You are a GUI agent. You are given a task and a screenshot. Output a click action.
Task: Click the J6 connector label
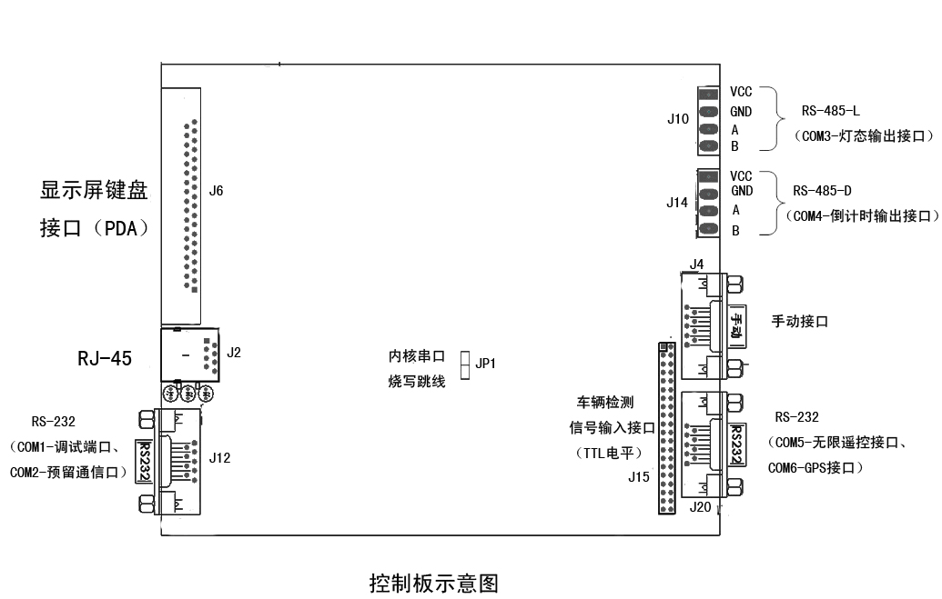pyautogui.click(x=216, y=191)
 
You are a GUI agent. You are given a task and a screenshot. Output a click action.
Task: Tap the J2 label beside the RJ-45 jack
pyautogui.click(x=234, y=353)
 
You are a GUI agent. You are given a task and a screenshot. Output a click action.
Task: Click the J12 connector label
pyautogui.click(x=219, y=458)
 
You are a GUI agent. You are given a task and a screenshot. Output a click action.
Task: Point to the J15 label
pyautogui.click(x=639, y=475)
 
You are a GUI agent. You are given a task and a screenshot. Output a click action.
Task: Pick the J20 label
pyautogui.click(x=700, y=507)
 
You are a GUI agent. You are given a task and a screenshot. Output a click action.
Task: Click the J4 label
pyautogui.click(x=697, y=265)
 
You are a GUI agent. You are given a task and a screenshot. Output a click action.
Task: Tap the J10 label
pyautogui.click(x=678, y=119)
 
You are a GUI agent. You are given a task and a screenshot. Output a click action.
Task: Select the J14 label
pyautogui.click(x=677, y=203)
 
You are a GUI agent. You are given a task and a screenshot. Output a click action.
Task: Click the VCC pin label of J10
pyautogui.click(x=741, y=92)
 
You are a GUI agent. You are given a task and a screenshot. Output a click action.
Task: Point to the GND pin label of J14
pyautogui.click(x=742, y=191)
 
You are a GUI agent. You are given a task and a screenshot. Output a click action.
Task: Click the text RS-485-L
pyautogui.click(x=830, y=111)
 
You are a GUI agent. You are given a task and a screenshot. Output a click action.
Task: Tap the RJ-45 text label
pyautogui.click(x=105, y=358)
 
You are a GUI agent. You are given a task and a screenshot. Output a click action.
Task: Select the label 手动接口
pyautogui.click(x=800, y=321)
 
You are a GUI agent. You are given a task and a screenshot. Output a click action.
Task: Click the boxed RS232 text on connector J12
pyautogui.click(x=145, y=460)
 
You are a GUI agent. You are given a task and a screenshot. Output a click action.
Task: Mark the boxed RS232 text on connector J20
pyautogui.click(x=738, y=444)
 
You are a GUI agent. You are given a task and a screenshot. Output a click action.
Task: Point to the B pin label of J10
pyautogui.click(x=734, y=146)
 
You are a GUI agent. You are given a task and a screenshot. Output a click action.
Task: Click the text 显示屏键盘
pyautogui.click(x=94, y=191)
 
